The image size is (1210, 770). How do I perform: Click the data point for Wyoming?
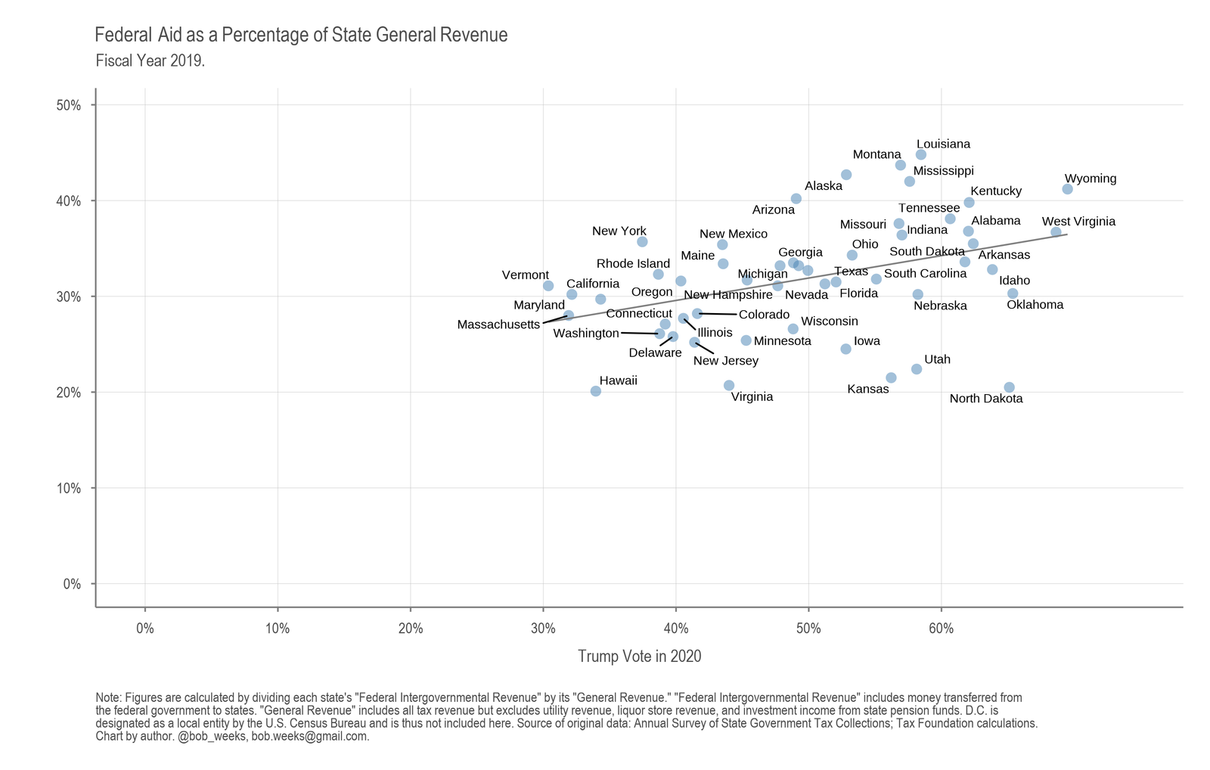[1067, 189]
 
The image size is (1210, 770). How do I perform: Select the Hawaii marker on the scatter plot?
[596, 391]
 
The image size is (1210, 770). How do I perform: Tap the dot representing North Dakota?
[1009, 387]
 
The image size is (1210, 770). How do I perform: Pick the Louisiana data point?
[920, 154]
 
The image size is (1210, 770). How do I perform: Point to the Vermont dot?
[548, 285]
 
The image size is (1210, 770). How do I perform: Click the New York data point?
[642, 242]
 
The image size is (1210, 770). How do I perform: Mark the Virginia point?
[729, 385]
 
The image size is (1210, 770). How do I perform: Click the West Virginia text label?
[1078, 222]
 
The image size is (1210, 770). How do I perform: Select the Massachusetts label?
[498, 324]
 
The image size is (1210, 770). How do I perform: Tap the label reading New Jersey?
[725, 361]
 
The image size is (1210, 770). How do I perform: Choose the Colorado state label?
[764, 315]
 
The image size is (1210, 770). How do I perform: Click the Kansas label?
[867, 390]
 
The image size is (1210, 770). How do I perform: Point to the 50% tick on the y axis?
[69, 105]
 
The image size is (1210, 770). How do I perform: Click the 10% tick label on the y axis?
[69, 488]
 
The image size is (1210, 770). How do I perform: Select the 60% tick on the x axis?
[941, 628]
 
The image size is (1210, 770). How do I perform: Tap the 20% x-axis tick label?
[410, 628]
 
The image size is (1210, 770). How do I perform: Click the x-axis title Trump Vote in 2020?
[639, 657]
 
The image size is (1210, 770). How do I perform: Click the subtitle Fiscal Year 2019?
[150, 61]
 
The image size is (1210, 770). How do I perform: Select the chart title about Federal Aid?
[301, 35]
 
